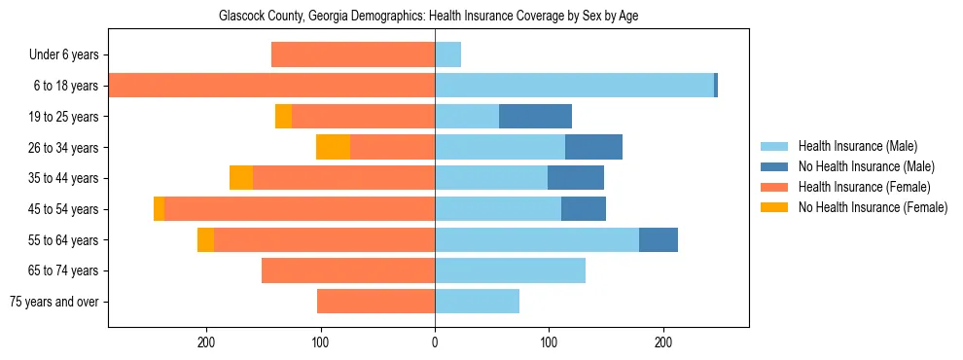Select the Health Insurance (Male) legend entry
tap(856, 146)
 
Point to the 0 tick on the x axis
tap(435, 342)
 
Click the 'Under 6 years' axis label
tap(64, 55)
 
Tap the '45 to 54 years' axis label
tap(65, 209)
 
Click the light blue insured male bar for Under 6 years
tap(447, 55)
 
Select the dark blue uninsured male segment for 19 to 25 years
tap(535, 117)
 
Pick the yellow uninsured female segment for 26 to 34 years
tap(333, 148)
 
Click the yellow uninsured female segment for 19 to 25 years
tap(283, 117)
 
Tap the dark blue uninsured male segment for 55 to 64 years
tap(659, 240)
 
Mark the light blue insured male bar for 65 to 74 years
tap(510, 270)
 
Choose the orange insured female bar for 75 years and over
tap(375, 302)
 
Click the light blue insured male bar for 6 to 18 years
tap(574, 86)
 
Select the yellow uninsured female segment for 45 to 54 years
tap(159, 209)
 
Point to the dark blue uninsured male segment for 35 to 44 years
tap(576, 178)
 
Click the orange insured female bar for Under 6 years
tap(353, 55)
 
